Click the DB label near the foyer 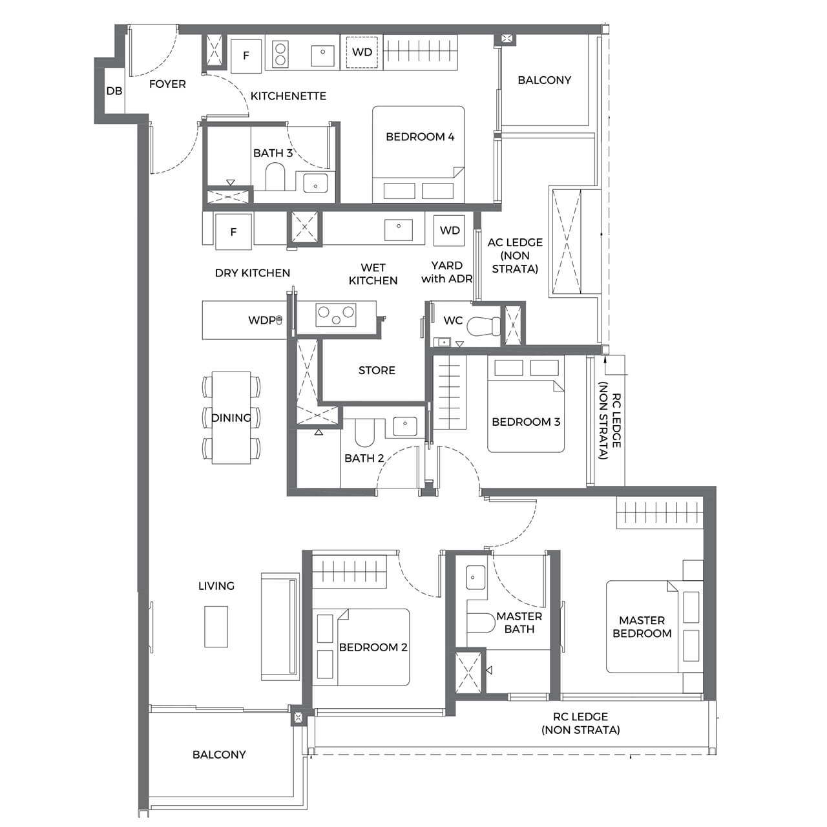tap(114, 91)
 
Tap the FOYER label tap(167, 84)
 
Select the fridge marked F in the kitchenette tap(246, 56)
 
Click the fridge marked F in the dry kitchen tap(233, 231)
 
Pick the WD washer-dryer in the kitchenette tap(362, 52)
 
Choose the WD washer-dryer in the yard tap(450, 231)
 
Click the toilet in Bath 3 tap(275, 176)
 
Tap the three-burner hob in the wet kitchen tap(335, 315)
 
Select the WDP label tap(262, 320)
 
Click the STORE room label tap(377, 370)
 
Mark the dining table tap(231, 417)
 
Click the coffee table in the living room tap(216, 626)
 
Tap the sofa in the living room tap(280, 626)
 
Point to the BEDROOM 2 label tap(373, 647)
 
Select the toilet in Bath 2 tap(365, 432)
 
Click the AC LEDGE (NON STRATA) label tap(515, 255)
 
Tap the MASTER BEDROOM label tap(642, 627)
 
